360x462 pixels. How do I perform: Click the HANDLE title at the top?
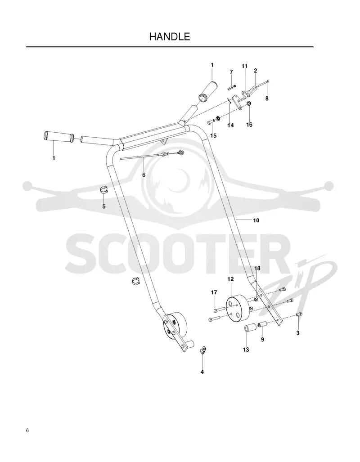coord(170,36)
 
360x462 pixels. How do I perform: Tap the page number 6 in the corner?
coord(27,431)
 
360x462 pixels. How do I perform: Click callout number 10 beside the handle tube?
coord(256,220)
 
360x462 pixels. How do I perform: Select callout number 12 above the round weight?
coord(230,279)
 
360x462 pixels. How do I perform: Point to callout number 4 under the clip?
coord(202,372)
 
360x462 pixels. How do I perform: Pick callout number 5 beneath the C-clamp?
coord(104,206)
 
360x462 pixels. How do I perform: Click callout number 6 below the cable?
coord(144,175)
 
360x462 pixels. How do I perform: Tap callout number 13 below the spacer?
coord(246,350)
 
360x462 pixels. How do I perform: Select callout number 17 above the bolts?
coord(214,292)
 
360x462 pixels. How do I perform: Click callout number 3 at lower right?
coord(298,333)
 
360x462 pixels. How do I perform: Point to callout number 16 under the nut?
coord(249,125)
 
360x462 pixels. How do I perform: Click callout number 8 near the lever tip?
coord(267,99)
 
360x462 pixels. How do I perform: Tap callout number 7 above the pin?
coord(231,72)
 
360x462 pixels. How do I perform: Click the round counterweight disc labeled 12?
coord(238,309)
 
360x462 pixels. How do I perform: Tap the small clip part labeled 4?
coord(202,350)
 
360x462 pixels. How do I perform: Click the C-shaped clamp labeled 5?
coord(104,189)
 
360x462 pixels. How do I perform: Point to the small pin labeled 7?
coord(232,87)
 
